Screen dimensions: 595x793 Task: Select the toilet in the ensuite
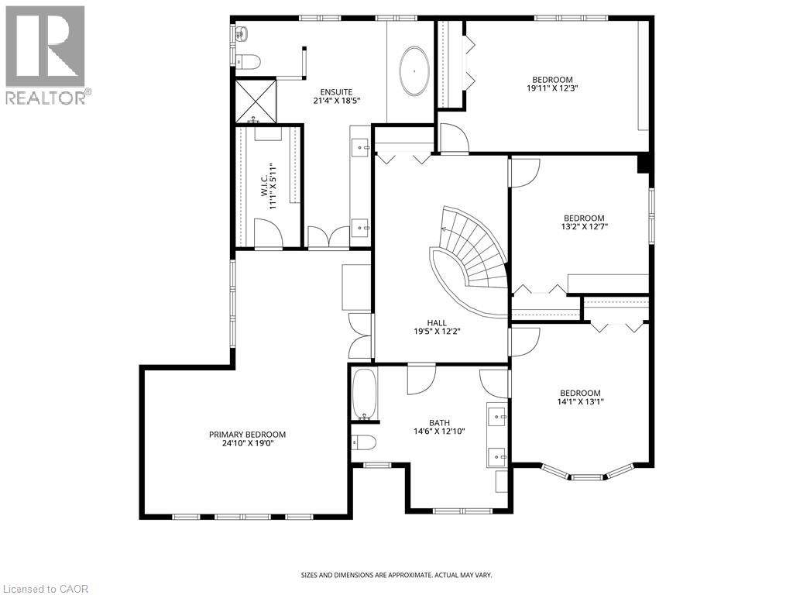tap(248, 61)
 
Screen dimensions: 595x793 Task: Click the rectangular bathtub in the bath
tap(364, 394)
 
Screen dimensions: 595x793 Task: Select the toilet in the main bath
tap(363, 442)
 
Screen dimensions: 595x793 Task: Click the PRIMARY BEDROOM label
tap(247, 435)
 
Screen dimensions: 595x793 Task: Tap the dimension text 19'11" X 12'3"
tap(552, 88)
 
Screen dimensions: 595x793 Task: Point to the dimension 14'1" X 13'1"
tap(580, 401)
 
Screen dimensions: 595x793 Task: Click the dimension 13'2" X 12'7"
tap(584, 227)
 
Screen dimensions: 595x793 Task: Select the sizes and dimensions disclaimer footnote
tap(396, 575)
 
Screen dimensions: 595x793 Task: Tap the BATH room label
tap(439, 422)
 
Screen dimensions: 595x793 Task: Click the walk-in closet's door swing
tap(267, 233)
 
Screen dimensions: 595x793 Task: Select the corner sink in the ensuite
tap(241, 33)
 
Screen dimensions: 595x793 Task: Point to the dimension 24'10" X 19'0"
tap(247, 444)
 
